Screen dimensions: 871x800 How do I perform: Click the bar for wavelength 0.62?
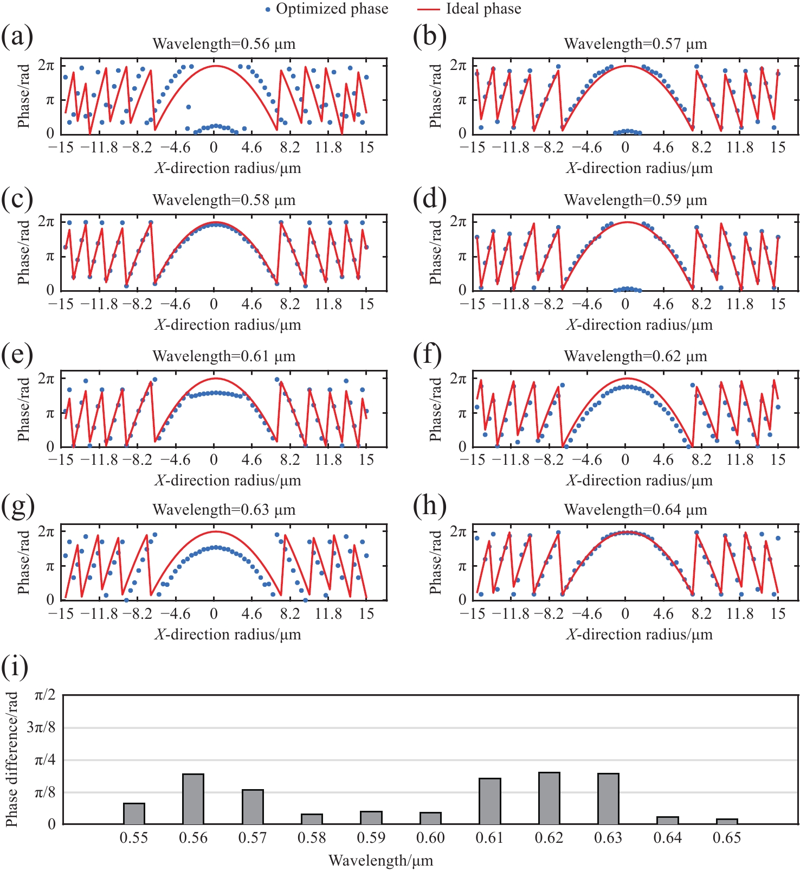click(x=549, y=798)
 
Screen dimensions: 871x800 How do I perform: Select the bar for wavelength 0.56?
click(x=193, y=799)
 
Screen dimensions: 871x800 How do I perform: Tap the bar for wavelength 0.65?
click(x=727, y=822)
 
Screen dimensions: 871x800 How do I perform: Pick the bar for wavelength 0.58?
click(x=312, y=819)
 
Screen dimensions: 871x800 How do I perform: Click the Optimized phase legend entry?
click(x=327, y=9)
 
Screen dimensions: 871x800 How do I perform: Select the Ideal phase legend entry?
click(x=470, y=9)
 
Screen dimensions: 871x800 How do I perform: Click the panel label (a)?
click(x=17, y=37)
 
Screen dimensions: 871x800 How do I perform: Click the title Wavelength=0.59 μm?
click(x=635, y=200)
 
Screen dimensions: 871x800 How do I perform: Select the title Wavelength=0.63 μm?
click(x=224, y=510)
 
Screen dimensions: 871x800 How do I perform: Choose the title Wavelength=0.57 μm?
click(x=635, y=44)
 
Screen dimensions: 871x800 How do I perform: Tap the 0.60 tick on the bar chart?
click(x=430, y=838)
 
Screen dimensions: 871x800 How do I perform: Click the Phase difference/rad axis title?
click(x=11, y=759)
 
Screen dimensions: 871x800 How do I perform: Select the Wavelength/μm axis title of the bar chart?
click(x=380, y=860)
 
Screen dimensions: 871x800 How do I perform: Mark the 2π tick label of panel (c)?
click(x=47, y=222)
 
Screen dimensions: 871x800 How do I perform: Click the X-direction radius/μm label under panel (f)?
click(x=640, y=481)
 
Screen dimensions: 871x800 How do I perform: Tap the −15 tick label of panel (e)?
click(x=60, y=460)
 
